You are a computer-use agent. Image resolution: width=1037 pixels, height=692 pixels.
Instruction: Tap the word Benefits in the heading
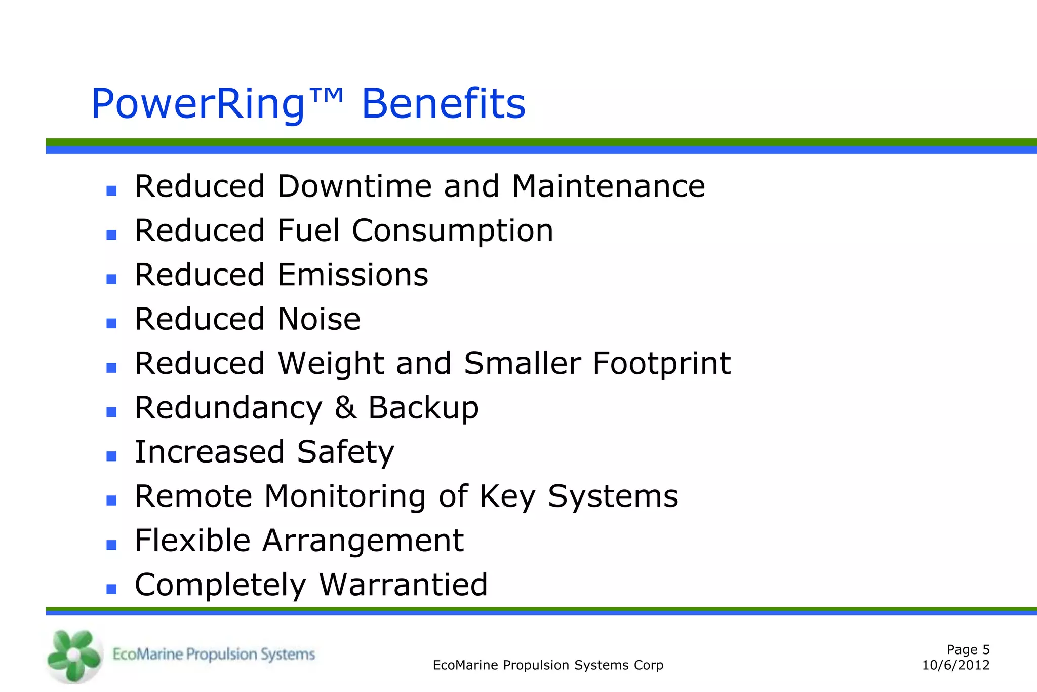click(x=444, y=104)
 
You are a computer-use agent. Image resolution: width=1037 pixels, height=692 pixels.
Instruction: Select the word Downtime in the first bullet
click(x=354, y=186)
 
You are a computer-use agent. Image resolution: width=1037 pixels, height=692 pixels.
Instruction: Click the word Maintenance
click(x=608, y=186)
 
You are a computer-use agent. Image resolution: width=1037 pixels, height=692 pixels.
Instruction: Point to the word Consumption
click(x=453, y=231)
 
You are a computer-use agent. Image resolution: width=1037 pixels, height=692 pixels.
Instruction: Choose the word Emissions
click(x=353, y=275)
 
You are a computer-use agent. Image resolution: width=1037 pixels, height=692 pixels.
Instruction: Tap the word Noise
click(x=319, y=319)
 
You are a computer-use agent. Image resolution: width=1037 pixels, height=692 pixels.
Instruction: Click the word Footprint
click(x=661, y=364)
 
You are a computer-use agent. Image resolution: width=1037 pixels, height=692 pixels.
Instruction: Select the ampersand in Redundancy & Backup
click(x=345, y=407)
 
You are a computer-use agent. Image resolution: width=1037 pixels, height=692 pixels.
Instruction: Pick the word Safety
click(x=345, y=452)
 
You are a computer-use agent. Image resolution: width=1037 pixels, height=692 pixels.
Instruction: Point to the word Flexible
click(x=193, y=540)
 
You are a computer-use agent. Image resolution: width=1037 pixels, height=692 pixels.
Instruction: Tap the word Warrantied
click(x=403, y=585)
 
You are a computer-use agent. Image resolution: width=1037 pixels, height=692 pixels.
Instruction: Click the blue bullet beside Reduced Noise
click(x=112, y=323)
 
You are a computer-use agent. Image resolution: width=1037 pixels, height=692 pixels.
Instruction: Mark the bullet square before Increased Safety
click(x=112, y=456)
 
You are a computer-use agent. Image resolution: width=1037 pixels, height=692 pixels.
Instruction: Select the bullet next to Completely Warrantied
click(x=112, y=589)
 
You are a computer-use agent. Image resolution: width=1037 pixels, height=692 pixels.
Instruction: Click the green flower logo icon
click(x=74, y=656)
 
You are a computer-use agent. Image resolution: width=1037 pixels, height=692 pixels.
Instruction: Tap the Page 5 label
click(x=968, y=649)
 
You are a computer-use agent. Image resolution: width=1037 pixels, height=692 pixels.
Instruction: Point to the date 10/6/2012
click(x=955, y=665)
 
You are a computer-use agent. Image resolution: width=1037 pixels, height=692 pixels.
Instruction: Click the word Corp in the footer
click(x=649, y=665)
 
